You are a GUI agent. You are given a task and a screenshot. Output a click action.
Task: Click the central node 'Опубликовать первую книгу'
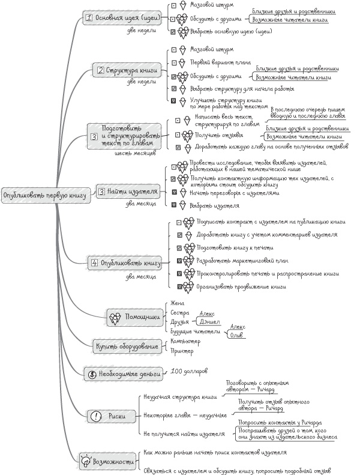45,195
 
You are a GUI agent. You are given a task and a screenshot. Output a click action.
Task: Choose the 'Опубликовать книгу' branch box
126,263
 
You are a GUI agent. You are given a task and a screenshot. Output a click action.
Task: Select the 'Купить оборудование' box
127,346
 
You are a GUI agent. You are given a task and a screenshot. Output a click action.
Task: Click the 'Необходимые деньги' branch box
124,373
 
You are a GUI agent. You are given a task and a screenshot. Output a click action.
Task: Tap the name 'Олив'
236,334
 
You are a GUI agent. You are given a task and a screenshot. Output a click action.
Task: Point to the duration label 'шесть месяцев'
135,153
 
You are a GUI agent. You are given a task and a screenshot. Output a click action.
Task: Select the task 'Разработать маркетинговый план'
242,260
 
